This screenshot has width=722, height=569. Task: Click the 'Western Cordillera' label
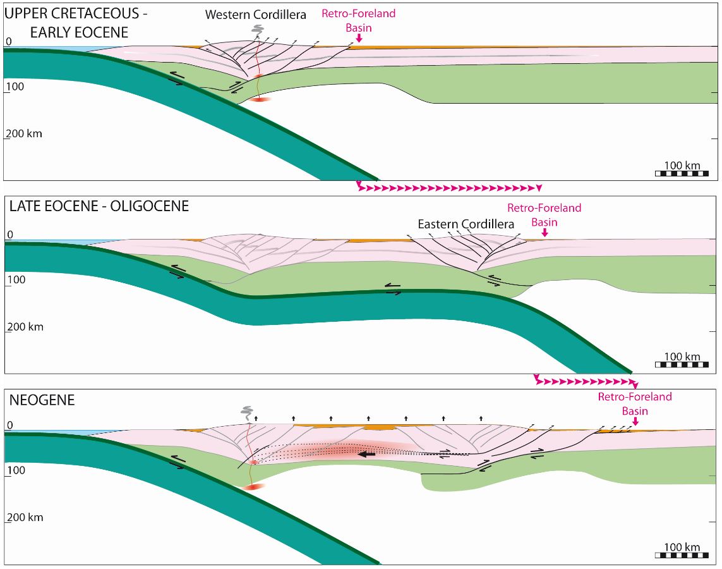(x=256, y=15)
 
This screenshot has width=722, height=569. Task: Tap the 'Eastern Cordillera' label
(x=466, y=224)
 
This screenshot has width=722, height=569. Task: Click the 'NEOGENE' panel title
(x=42, y=400)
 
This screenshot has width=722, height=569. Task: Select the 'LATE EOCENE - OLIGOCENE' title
(x=99, y=206)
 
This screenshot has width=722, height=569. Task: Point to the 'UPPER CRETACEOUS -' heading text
(x=76, y=14)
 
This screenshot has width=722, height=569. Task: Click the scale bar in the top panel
(x=682, y=173)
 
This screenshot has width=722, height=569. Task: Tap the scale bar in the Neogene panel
(x=682, y=554)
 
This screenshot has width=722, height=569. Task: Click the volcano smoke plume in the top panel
(x=257, y=31)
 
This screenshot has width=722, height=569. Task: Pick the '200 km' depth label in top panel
(x=24, y=133)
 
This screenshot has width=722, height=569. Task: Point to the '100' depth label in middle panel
(x=16, y=279)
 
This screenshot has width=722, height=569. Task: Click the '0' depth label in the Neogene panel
(x=10, y=425)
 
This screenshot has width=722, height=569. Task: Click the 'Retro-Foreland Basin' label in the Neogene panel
(x=635, y=403)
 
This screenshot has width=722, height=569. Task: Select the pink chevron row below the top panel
(x=449, y=187)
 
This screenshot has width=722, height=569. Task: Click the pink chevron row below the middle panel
(x=586, y=381)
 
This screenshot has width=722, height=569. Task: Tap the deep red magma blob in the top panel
(x=260, y=99)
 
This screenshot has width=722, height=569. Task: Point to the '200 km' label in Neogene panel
(x=25, y=517)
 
